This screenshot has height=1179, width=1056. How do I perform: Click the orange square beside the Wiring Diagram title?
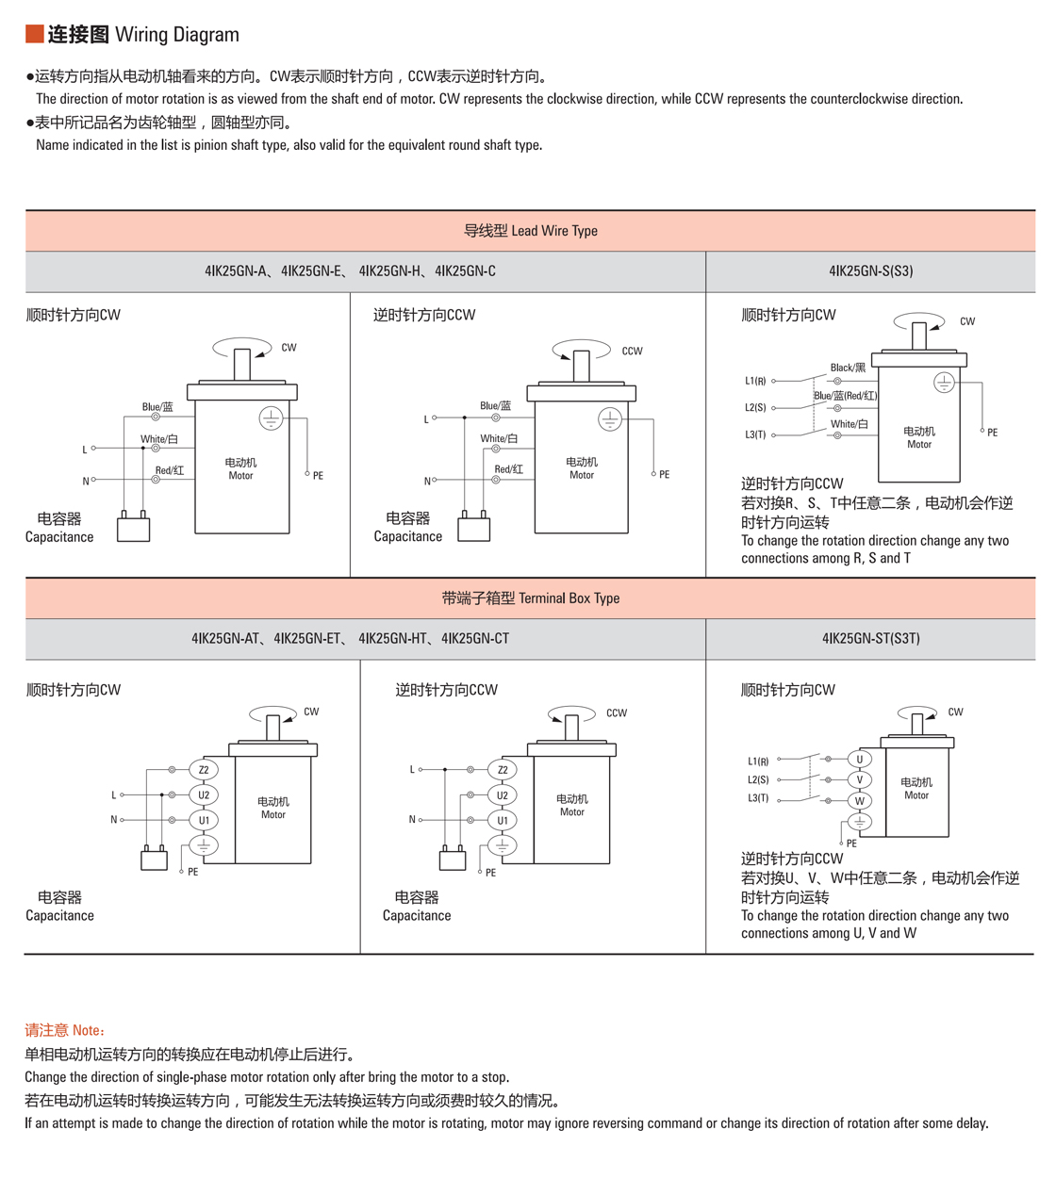pos(34,34)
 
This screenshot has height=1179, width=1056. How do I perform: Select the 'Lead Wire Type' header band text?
pos(530,231)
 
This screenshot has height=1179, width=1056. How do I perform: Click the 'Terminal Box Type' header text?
pos(530,598)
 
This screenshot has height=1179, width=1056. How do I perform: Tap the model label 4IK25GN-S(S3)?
pos(870,271)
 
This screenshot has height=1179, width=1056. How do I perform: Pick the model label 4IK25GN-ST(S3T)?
pos(870,639)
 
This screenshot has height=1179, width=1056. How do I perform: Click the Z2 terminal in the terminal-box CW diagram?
pos(204,770)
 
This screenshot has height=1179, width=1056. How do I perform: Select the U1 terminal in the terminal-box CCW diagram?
pos(503,820)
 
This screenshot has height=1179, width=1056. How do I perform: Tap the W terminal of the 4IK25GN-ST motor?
pos(860,801)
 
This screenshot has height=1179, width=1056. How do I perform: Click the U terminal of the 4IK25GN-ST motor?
pos(860,759)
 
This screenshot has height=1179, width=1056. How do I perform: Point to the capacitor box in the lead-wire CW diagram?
pos(133,530)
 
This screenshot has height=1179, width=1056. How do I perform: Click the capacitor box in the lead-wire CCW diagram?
pos(473,530)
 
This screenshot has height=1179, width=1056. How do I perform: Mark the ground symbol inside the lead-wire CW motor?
pos(271,418)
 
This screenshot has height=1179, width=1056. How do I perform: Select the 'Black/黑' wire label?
pos(848,368)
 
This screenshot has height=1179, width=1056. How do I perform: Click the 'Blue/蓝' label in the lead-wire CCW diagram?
pos(495,406)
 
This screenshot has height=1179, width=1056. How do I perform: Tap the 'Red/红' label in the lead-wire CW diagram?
pos(170,470)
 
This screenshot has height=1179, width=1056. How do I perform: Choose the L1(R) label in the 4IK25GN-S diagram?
pos(755,381)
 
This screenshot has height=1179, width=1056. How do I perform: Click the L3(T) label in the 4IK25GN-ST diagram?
pos(758,798)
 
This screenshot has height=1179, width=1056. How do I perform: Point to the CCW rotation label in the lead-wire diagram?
pos(632,352)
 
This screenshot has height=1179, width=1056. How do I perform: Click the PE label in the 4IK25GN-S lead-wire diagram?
pos(992,433)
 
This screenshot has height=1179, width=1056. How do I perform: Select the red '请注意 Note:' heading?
pos(65,1031)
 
